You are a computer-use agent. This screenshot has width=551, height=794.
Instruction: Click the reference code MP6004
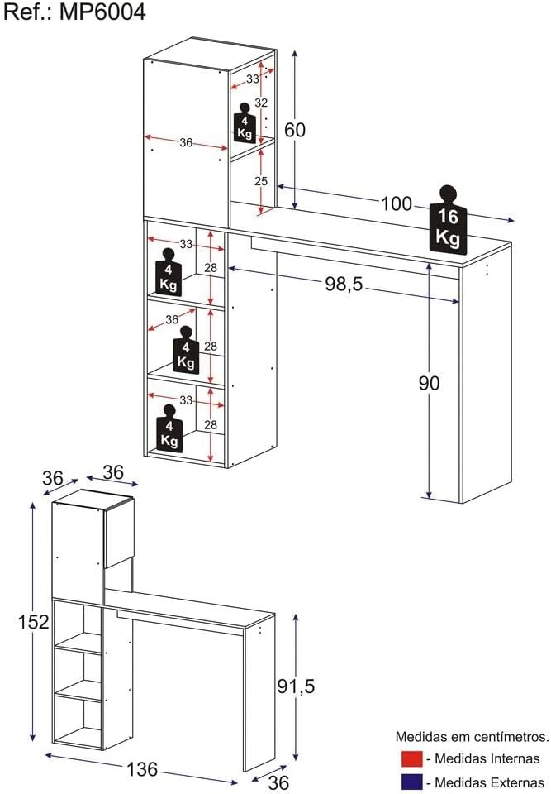pos(102,12)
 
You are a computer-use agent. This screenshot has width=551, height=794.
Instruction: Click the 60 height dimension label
pos(295,130)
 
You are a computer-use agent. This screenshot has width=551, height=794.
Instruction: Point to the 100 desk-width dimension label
pos(397,203)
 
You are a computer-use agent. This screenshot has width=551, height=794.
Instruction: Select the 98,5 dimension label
pos(344,285)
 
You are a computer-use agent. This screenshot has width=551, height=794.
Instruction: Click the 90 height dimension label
pos(429,383)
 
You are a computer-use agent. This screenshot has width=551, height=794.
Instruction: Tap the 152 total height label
pos(33,622)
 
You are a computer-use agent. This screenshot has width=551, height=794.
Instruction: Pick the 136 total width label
pos(142,769)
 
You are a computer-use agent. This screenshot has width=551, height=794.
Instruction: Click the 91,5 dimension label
pos(296,686)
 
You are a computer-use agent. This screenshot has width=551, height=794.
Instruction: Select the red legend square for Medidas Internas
pos(411,758)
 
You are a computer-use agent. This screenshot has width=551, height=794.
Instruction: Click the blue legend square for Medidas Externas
pos(411,782)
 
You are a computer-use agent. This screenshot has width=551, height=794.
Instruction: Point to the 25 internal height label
pos(261,181)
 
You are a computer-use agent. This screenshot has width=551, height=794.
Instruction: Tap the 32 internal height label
pos(261,103)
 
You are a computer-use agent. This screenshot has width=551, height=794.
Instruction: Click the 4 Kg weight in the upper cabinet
pos(245,123)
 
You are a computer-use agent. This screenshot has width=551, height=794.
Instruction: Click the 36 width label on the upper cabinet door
pos(186,143)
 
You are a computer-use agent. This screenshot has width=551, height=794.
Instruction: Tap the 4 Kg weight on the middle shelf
pos(186,349)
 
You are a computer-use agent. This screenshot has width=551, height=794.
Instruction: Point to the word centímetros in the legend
pos(512,737)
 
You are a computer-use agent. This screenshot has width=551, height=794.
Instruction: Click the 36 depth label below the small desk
pos(278,782)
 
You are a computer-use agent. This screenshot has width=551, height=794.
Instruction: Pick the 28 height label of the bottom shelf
pos(211,425)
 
